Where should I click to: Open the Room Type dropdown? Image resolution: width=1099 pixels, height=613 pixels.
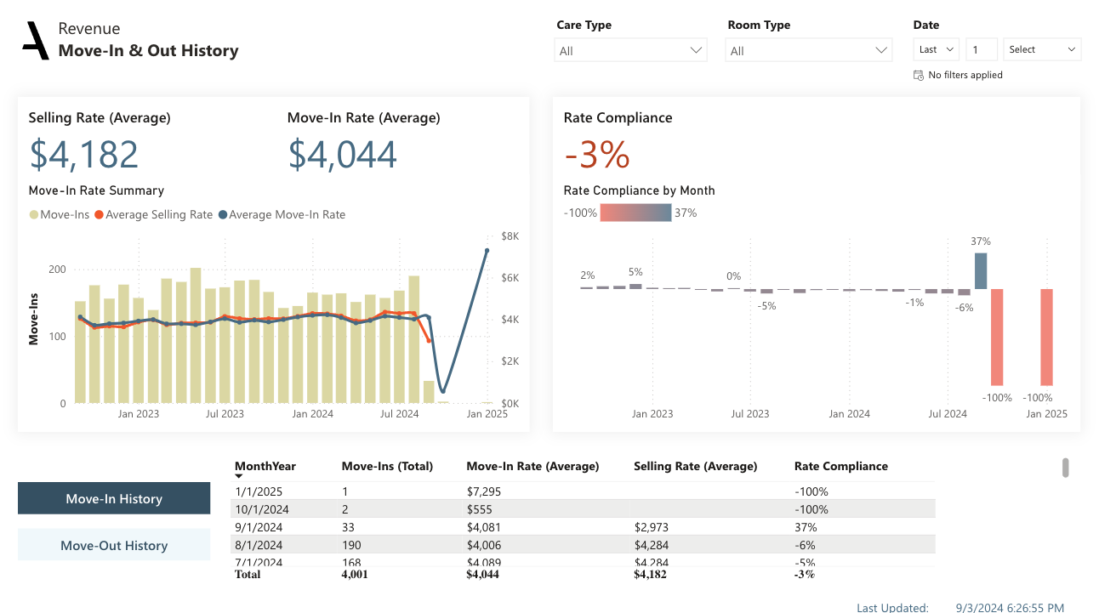click(809, 51)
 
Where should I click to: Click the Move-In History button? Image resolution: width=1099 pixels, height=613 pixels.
click(114, 499)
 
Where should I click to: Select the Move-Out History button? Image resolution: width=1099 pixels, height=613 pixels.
click(114, 546)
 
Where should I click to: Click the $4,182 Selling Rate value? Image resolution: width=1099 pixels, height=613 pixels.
click(84, 155)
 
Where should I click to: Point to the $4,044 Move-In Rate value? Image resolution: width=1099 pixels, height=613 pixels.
click(342, 155)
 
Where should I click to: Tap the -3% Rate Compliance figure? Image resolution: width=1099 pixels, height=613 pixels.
click(596, 155)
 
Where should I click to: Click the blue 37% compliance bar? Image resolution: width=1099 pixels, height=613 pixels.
click(981, 271)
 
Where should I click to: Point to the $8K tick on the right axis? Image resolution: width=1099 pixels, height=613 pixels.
click(510, 236)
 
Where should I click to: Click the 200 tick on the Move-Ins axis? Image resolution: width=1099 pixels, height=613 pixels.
click(57, 270)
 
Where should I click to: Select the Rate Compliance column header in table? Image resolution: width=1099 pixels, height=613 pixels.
click(840, 466)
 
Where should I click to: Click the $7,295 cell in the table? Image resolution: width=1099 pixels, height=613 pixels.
click(485, 491)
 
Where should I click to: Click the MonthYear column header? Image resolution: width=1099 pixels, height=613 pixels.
click(265, 466)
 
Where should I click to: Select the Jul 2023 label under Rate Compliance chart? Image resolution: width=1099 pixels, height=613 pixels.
click(751, 414)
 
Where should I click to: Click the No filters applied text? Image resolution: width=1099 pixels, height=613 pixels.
click(965, 75)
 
